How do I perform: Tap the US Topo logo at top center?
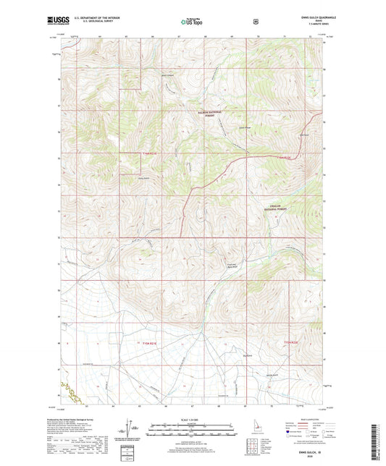click(191, 22)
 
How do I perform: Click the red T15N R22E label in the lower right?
click(290, 341)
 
